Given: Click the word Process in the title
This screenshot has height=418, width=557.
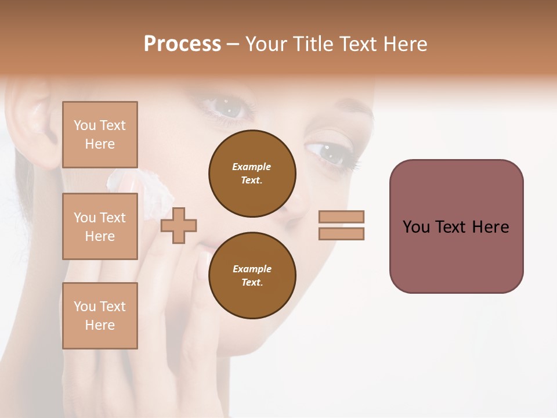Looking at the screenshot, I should (x=182, y=44).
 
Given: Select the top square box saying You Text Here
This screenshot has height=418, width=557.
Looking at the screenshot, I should (x=100, y=135).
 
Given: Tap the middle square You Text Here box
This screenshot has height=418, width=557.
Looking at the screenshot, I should (x=100, y=226).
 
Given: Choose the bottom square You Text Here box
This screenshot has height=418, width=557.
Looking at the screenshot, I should (x=100, y=316).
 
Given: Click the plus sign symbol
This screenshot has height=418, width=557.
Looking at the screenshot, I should (x=179, y=225).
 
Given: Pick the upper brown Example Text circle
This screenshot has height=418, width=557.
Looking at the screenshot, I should (x=252, y=174).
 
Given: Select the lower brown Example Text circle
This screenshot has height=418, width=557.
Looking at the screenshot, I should (x=252, y=275).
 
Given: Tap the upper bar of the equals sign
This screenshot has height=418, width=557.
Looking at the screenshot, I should (x=341, y=217).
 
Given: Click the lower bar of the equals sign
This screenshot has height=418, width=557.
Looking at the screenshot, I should (x=341, y=234).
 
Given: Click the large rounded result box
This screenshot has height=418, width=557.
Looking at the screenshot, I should (x=456, y=226).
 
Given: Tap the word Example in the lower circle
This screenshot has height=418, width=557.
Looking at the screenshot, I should (x=252, y=269).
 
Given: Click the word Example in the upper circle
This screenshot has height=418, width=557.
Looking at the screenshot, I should (x=251, y=167).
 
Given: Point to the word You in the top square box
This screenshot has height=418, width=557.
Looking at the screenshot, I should (x=84, y=125).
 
